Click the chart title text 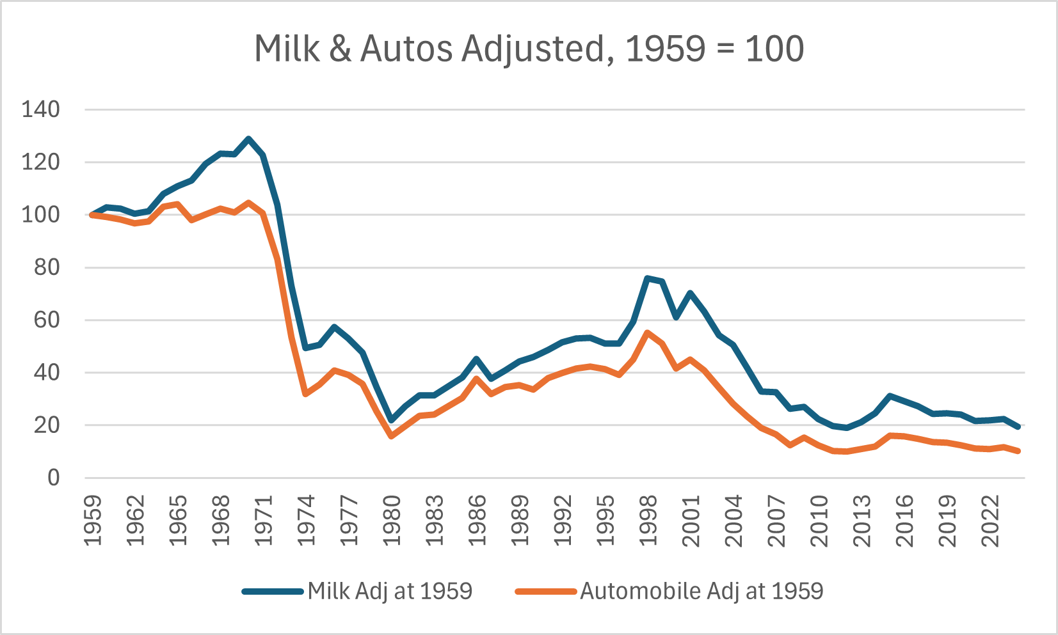[529, 49]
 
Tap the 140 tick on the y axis [40, 109]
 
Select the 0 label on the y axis [53, 478]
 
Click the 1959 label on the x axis [93, 520]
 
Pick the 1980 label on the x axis [392, 520]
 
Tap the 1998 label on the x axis [648, 520]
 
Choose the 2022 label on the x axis [990, 520]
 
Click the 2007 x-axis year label [776, 520]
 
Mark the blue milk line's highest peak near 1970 [249, 139]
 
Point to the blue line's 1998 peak [648, 278]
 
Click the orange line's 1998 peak [648, 333]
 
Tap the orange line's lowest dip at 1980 [391, 436]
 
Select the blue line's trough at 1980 [391, 421]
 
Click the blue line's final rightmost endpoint [1018, 427]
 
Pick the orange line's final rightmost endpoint [1018, 451]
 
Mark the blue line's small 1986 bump [477, 359]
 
